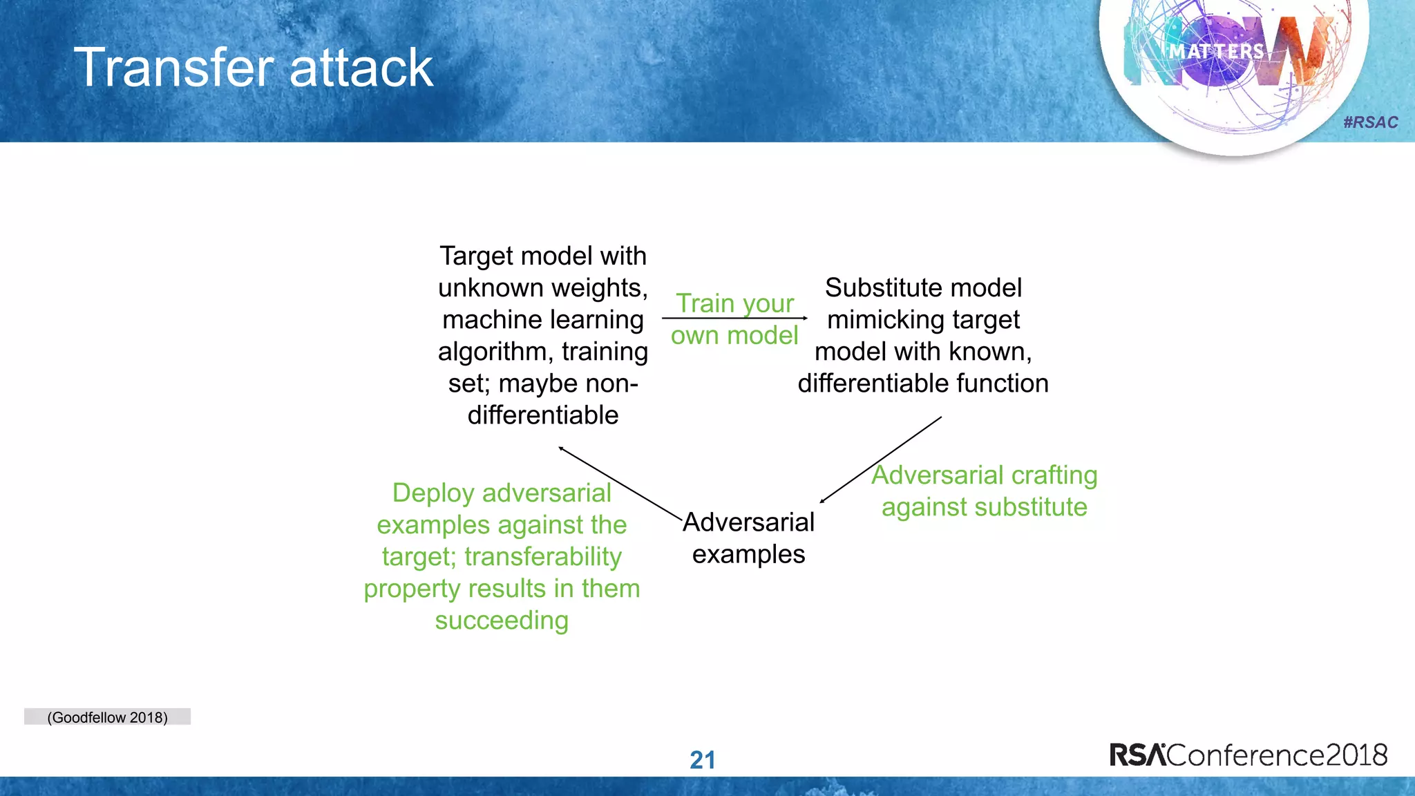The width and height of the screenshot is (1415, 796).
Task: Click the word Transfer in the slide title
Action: pos(174,68)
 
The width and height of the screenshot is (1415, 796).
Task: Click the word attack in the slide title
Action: pos(361,68)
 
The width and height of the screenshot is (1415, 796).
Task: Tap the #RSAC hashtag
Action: pos(1370,122)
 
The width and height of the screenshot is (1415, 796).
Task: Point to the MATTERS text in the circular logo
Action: pos(1216,52)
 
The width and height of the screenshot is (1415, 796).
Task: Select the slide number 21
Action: pos(702,760)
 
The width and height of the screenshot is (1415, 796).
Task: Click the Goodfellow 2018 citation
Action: pos(107,717)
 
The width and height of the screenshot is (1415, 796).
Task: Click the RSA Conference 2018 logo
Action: pos(1248,755)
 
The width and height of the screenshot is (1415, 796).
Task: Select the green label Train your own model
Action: pos(734,319)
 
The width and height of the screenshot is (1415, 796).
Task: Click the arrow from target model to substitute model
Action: pos(734,319)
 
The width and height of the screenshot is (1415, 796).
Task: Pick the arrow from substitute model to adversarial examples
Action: pos(880,459)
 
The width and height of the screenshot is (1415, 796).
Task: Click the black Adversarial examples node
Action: pos(748,538)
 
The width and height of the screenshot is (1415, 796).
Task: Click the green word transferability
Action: pos(543,556)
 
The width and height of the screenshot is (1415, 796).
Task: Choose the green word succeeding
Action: pos(502,620)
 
